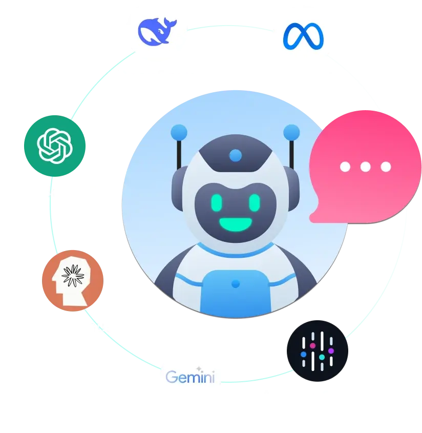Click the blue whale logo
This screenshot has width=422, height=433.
click(x=156, y=32)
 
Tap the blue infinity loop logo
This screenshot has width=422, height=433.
click(x=303, y=36)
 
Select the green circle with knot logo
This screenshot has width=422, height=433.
click(x=55, y=146)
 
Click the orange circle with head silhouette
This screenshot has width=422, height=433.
click(x=73, y=281)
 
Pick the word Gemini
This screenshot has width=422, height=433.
click(x=190, y=377)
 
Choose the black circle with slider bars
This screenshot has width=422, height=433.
click(x=318, y=350)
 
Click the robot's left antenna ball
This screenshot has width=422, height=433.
click(x=179, y=132)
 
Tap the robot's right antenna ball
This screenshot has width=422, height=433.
click(x=291, y=132)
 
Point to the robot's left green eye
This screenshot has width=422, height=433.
click(x=217, y=203)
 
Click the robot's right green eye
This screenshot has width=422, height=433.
click(x=255, y=203)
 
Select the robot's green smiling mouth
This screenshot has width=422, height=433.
click(x=236, y=224)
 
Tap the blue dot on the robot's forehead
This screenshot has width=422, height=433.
click(x=236, y=155)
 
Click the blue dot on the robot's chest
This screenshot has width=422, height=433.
click(x=236, y=283)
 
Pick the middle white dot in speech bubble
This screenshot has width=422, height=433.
click(x=366, y=167)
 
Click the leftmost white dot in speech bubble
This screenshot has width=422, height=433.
click(x=345, y=167)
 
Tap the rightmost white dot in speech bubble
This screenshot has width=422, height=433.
click(x=386, y=167)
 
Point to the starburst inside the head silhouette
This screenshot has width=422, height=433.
click(x=73, y=276)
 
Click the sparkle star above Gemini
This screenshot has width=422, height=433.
click(x=199, y=369)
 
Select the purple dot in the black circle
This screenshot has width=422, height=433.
click(x=331, y=350)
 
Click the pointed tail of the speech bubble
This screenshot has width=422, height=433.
click(x=311, y=219)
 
